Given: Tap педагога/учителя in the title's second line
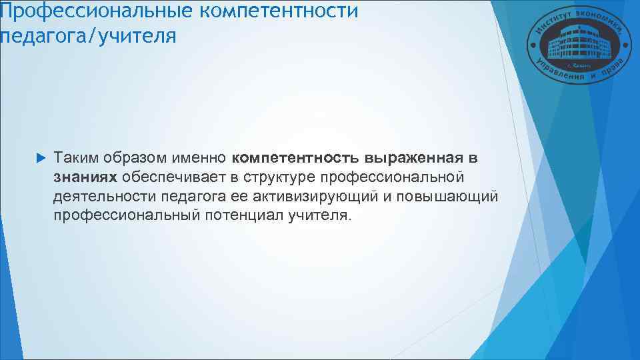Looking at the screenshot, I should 89,36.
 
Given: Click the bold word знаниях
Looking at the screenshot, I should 86,179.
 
